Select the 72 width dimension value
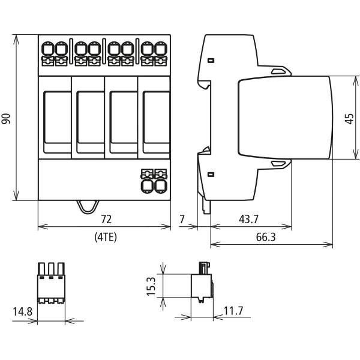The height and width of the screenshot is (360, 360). [x=106, y=219]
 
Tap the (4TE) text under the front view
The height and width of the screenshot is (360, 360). [x=106, y=237]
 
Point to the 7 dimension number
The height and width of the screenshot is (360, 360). [x=182, y=219]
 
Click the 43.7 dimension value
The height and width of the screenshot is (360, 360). [x=248, y=219]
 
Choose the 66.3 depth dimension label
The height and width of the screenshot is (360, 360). [x=266, y=237]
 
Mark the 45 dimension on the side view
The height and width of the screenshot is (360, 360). [x=349, y=119]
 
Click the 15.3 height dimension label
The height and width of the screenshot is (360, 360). [x=151, y=286]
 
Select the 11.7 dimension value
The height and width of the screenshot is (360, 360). [x=233, y=311]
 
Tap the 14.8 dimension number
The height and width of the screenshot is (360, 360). [x=22, y=311]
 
